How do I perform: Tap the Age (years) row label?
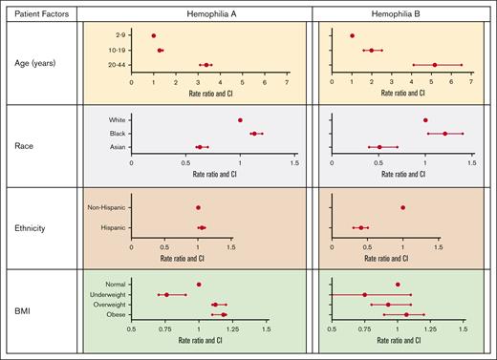40,57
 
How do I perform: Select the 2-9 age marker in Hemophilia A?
154,35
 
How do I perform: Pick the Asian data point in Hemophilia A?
200,147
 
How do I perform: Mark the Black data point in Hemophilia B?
444,134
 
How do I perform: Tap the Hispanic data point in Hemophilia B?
361,227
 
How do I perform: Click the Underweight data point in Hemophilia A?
166,294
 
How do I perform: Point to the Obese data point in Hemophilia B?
406,314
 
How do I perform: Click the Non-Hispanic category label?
107,207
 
